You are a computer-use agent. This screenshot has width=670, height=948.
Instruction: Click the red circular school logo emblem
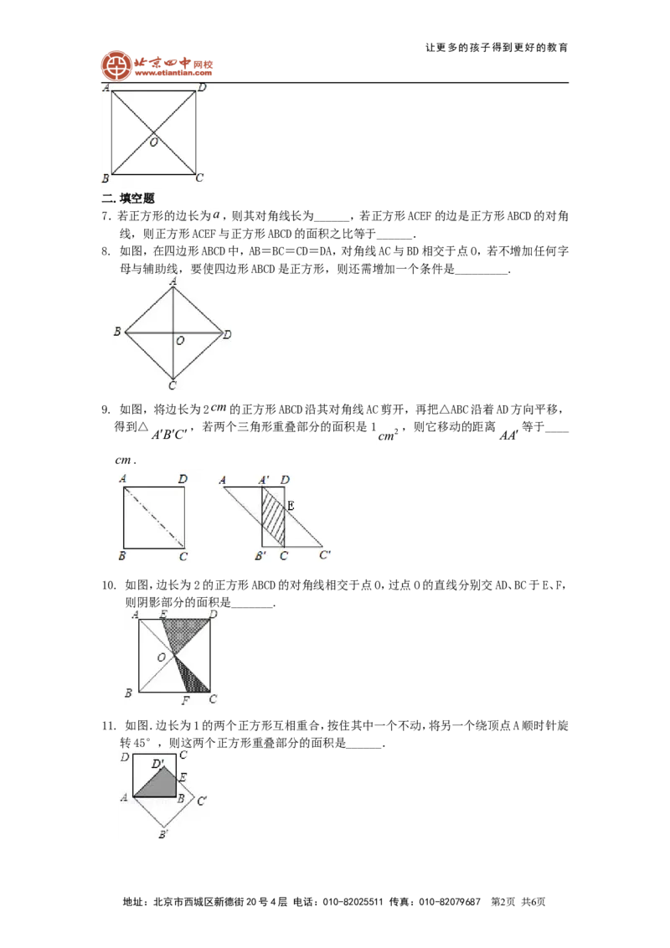(x=116, y=65)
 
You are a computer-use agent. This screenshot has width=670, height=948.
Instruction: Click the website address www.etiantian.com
(x=173, y=73)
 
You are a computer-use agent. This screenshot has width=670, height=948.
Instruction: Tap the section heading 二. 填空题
(x=128, y=198)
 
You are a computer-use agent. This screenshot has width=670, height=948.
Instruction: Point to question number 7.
(x=106, y=216)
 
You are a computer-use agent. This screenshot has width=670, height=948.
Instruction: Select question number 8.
(x=106, y=251)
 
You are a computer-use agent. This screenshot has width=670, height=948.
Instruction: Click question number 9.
(x=106, y=410)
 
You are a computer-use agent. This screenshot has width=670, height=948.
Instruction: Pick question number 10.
(x=108, y=585)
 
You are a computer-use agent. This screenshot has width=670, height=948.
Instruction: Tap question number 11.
(x=108, y=725)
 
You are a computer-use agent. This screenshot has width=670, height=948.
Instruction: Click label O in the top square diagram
(x=153, y=142)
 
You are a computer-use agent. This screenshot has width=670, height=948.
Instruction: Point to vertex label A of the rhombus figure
(x=173, y=281)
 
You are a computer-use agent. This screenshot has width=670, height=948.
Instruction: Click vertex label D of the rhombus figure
(x=227, y=334)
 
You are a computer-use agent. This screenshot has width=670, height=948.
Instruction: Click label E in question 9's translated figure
(x=291, y=506)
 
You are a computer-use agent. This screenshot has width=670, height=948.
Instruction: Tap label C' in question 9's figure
(x=325, y=554)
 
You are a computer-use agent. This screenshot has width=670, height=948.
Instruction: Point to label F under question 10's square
(x=186, y=700)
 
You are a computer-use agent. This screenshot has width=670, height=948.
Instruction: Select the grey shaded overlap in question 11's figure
(x=156, y=782)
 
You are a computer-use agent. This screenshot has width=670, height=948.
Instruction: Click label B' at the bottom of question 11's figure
(x=163, y=834)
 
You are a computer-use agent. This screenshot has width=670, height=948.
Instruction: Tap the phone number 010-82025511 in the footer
(x=353, y=902)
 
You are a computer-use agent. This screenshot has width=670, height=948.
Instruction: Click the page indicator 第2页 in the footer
(x=503, y=902)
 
